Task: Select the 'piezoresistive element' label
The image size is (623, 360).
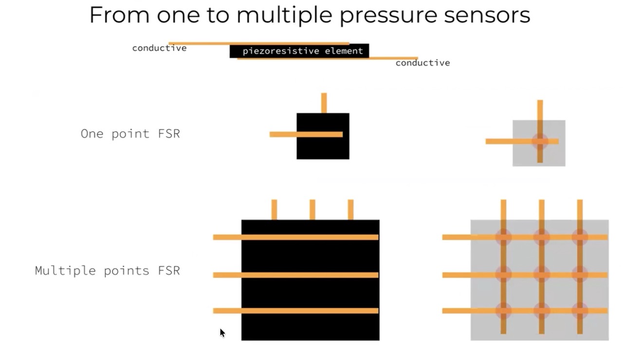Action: (302, 51)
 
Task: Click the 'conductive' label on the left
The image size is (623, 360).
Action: (159, 48)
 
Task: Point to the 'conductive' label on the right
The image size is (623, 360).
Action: (422, 63)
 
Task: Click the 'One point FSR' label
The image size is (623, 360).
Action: (130, 134)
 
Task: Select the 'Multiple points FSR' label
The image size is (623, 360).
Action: (108, 270)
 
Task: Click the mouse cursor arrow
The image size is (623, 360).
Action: (222, 332)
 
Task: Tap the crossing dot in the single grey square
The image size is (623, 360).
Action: (540, 142)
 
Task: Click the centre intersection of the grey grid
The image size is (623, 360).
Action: (541, 275)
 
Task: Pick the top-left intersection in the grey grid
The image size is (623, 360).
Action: (503, 237)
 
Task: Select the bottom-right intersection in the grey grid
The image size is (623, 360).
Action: (580, 311)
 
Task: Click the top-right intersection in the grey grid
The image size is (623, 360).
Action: (580, 237)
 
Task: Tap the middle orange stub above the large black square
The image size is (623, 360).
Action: (312, 210)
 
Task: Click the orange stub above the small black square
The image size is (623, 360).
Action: (324, 103)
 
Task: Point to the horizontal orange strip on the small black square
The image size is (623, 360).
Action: (306, 134)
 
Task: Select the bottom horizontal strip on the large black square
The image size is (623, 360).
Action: (295, 311)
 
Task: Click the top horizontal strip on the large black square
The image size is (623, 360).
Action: (295, 237)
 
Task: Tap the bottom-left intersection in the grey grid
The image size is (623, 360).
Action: (503, 311)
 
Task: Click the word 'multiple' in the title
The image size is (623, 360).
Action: (285, 15)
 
